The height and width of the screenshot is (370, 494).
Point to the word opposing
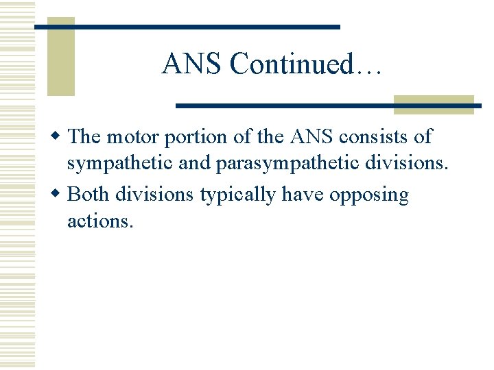pos(369,196)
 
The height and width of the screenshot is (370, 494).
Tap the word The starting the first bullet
pos(85,136)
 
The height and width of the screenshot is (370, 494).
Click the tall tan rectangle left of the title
pos(60,56)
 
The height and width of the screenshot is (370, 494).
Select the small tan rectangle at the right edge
pos(434,103)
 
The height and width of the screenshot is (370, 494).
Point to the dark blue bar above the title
pos(187,26)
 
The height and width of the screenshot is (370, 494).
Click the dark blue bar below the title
pos(328,106)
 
